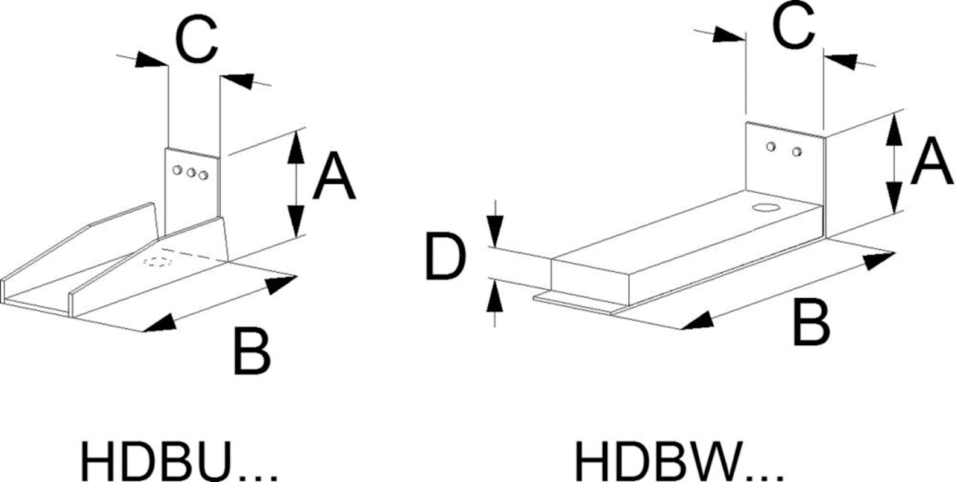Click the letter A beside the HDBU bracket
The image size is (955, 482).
point(333,177)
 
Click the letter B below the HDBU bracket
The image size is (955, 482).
point(251,351)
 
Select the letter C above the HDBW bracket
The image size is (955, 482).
point(795,25)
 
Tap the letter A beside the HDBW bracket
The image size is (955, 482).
point(931,161)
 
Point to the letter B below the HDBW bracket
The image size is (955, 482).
point(811,324)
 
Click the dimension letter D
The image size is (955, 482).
point(445,258)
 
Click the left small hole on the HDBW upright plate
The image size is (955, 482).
point(771,146)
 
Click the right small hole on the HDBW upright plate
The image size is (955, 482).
point(797,151)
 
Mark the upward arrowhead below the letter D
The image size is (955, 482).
point(494,295)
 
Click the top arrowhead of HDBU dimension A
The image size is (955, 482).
point(295,148)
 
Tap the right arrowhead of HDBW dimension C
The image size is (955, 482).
point(841,60)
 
